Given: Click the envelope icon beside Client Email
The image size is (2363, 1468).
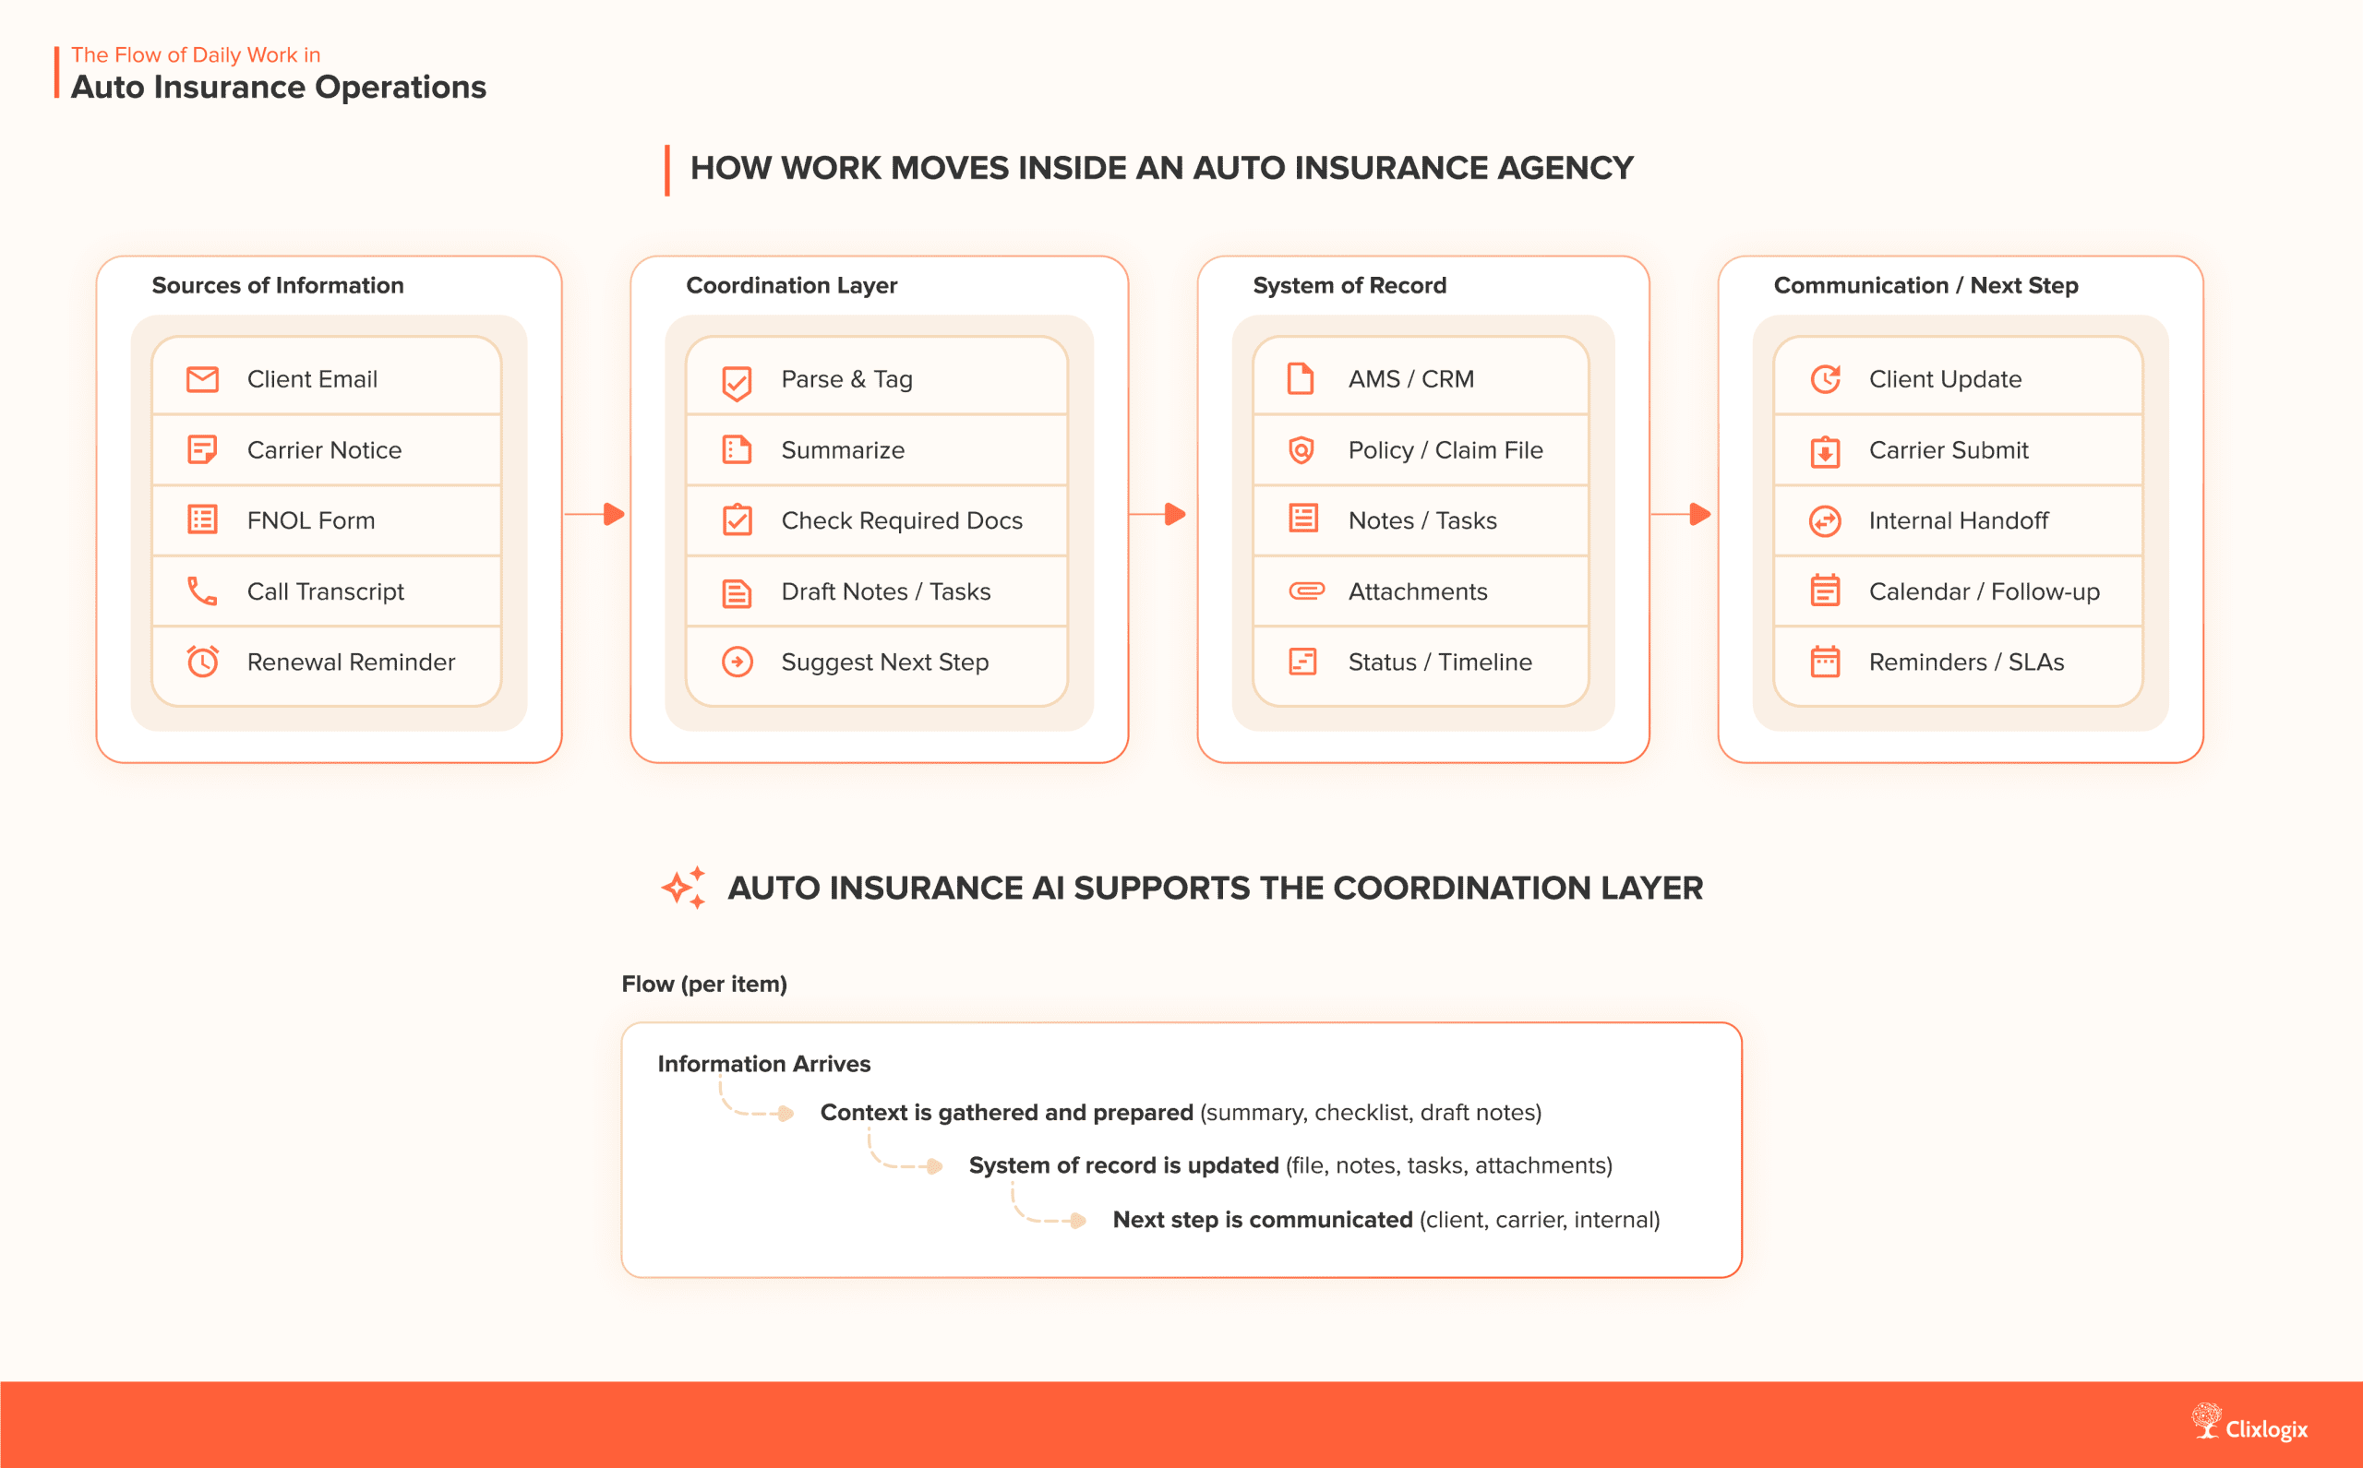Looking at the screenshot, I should tap(202, 378).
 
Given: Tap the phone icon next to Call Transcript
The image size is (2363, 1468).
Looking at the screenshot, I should tap(202, 591).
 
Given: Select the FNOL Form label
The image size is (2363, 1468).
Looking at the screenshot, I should tap(311, 520).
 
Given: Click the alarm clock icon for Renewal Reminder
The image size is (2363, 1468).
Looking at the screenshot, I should tap(202, 662).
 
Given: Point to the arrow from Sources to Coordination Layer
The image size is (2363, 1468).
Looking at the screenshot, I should tap(595, 514).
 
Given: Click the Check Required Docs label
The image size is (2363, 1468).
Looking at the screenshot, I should tap(901, 520).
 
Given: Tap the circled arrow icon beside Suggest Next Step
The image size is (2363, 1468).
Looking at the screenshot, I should tap(738, 662).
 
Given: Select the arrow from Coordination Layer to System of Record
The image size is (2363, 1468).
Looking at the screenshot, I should tap(1158, 514).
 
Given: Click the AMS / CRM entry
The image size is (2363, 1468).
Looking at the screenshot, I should tap(1410, 378).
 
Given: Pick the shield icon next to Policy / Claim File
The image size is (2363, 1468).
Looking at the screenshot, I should tap(1301, 449).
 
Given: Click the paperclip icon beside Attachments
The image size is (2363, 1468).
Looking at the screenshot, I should tap(1305, 591).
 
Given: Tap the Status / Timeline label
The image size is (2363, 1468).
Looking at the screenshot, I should tap(1439, 662).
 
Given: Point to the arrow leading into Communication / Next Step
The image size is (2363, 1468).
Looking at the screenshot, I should tap(1681, 514).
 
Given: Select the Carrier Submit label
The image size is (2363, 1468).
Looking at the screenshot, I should tap(1949, 449).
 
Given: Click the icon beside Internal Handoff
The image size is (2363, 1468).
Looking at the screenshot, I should tap(1825, 520).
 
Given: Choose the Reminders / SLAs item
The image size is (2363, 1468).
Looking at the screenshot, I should tap(1966, 662).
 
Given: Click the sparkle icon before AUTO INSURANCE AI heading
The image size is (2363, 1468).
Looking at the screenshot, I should tap(684, 887).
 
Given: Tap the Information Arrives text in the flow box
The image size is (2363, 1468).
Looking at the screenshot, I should tap(763, 1063).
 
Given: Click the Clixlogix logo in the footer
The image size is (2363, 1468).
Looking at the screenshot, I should tap(2250, 1425).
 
